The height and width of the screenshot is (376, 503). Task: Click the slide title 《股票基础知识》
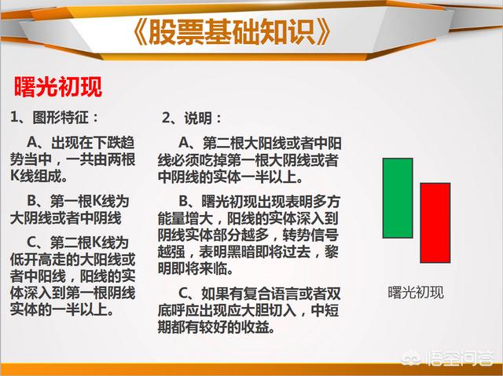(x=232, y=31)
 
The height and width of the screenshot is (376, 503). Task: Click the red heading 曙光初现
(x=58, y=87)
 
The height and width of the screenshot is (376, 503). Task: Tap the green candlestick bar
(x=398, y=198)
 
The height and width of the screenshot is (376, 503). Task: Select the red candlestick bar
(x=435, y=223)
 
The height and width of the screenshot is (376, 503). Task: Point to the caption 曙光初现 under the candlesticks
(x=416, y=293)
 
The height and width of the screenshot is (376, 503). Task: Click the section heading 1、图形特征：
(x=54, y=117)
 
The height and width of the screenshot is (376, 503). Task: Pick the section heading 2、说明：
(x=192, y=119)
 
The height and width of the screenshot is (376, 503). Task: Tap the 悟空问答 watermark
(x=448, y=359)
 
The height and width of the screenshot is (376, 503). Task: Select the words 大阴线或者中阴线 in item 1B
(x=66, y=218)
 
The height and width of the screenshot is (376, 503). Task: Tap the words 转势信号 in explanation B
(x=310, y=235)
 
